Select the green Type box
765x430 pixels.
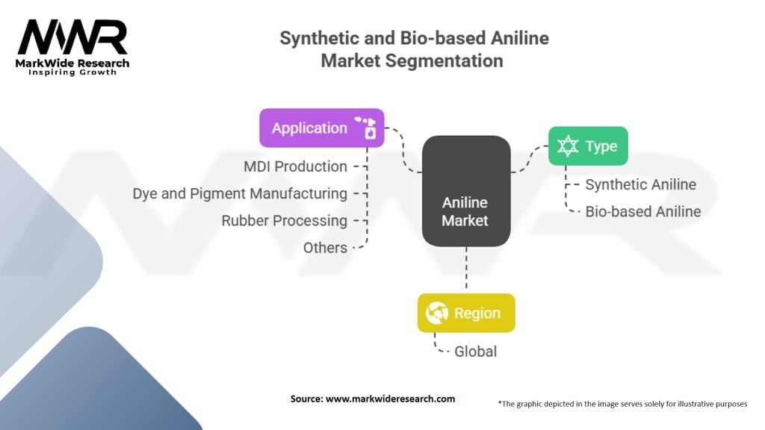coord(588,146)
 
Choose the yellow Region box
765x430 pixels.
coord(466,313)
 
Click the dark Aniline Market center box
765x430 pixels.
coord(465,191)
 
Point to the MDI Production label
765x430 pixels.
coord(295,166)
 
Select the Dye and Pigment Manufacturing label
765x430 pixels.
coord(240,194)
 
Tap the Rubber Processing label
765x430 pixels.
coord(284,221)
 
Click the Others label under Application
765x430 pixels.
coord(325,248)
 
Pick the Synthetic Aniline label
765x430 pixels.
coord(640,184)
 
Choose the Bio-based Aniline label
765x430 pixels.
coord(642,211)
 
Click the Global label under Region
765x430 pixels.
coord(475,351)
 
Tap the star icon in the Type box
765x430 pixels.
coord(569,146)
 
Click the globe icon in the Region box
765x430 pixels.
coord(437,313)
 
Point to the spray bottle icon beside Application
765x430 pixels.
coord(366,127)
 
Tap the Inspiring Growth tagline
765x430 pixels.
coord(72,72)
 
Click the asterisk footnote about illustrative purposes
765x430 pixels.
coord(622,403)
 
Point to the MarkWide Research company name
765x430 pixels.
coord(72,63)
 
